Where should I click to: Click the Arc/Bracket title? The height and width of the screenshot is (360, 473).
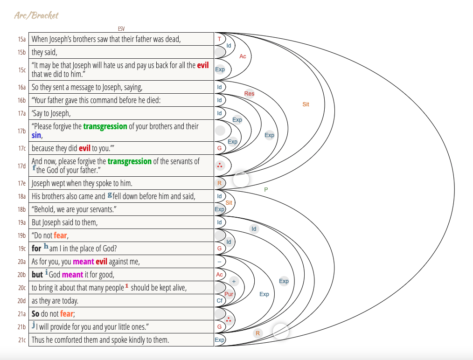pyautogui.click(x=36, y=15)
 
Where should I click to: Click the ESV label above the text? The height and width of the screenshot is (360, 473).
pyautogui.click(x=121, y=29)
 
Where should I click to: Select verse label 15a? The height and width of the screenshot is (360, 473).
pyautogui.click(x=22, y=39)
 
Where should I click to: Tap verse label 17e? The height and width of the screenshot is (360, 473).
pyautogui.click(x=22, y=183)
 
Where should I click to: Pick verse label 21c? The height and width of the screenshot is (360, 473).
pyautogui.click(x=22, y=340)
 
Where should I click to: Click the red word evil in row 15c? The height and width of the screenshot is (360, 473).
pyautogui.click(x=203, y=65)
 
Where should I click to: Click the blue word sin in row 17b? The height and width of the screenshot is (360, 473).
pyautogui.click(x=36, y=135)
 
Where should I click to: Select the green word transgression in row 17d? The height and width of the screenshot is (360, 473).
pyautogui.click(x=129, y=161)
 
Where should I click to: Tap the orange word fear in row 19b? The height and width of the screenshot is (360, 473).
pyautogui.click(x=60, y=235)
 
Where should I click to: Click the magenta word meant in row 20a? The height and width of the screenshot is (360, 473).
pyautogui.click(x=83, y=262)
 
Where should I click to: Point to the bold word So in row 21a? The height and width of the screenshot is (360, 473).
pyautogui.click(x=35, y=314)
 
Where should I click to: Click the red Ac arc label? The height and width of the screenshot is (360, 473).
pyautogui.click(x=243, y=56)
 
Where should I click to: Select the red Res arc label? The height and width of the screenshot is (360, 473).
pyautogui.click(x=249, y=94)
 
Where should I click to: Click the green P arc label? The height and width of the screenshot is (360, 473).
pyautogui.click(x=266, y=190)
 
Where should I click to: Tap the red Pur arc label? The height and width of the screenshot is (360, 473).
pyautogui.click(x=229, y=294)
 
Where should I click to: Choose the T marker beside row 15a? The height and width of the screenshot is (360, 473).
pyautogui.click(x=219, y=39)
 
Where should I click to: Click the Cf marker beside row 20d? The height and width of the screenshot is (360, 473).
pyautogui.click(x=219, y=301)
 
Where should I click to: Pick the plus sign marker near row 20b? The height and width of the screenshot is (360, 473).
pyautogui.click(x=234, y=281)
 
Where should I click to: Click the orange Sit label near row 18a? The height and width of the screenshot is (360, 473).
pyautogui.click(x=229, y=203)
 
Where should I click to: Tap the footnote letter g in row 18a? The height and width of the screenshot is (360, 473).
pyautogui.click(x=110, y=194)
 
